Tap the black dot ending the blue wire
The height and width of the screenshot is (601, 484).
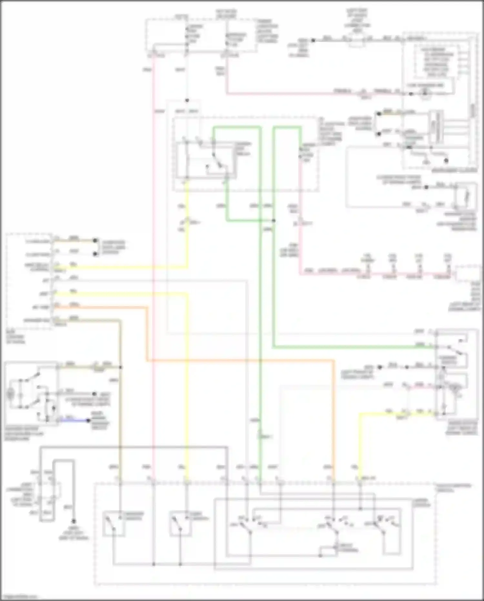pos(89,420)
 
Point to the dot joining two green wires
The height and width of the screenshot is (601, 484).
pos(274,221)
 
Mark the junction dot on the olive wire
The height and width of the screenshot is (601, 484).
pos(120,367)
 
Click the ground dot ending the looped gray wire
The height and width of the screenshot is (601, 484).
pos(74,521)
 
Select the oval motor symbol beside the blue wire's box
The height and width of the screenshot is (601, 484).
pos(11,394)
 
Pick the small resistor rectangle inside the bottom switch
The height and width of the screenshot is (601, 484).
pos(328,551)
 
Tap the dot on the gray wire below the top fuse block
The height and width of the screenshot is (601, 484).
pos(187,100)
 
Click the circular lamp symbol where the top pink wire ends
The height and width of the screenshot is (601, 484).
pos(425,93)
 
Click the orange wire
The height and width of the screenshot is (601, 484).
pos(239,360)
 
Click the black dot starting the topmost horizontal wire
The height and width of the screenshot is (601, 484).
pos(313,40)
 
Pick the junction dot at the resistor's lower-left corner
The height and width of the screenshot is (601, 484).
pos(320,556)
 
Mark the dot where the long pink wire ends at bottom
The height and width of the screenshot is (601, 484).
pos(154,564)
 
